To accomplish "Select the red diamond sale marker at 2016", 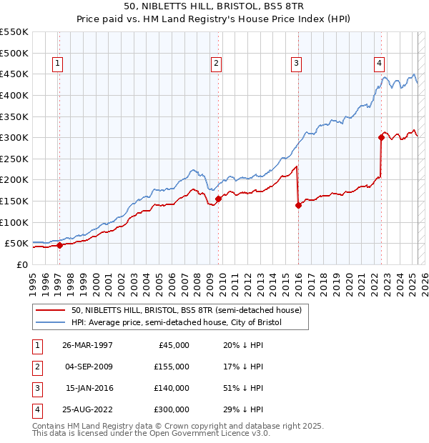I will pyautogui.click(x=298, y=205).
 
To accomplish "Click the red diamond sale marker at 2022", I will pyautogui.click(x=381, y=138).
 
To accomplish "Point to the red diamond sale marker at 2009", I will pyautogui.click(x=218, y=199).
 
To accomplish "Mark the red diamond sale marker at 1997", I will pyautogui.click(x=60, y=245).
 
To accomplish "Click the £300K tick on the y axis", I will pyautogui.click(x=14, y=137).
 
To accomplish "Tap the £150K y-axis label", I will pyautogui.click(x=14, y=201).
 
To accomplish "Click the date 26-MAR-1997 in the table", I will pyautogui.click(x=87, y=345).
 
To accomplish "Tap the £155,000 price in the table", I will pyautogui.click(x=172, y=367).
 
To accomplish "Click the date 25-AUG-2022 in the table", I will pyautogui.click(x=87, y=409).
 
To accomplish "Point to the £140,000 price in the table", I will pyautogui.click(x=172, y=388).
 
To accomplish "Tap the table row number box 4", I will pyautogui.click(x=36, y=409).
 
